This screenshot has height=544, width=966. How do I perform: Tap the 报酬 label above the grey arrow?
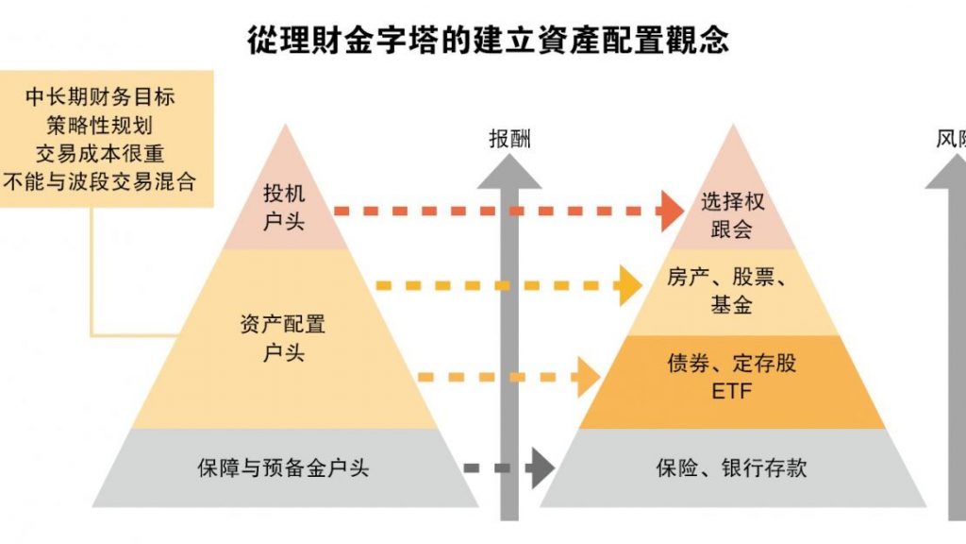pyautogui.click(x=509, y=139)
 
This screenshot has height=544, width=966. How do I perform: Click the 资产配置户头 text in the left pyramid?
pyautogui.click(x=283, y=338)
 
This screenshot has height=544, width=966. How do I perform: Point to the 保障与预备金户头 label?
pyautogui.click(x=283, y=468)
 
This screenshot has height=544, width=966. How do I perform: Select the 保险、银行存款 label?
pyautogui.click(x=730, y=468)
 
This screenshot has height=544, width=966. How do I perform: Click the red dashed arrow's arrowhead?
pyautogui.click(x=671, y=211)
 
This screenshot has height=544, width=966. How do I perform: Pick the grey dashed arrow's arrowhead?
pyautogui.click(x=541, y=467)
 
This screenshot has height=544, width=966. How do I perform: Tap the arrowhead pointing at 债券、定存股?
pyautogui.click(x=588, y=378)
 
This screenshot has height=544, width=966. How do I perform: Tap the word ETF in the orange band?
pyautogui.click(x=730, y=390)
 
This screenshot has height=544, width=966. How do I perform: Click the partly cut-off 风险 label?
pyautogui.click(x=951, y=139)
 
